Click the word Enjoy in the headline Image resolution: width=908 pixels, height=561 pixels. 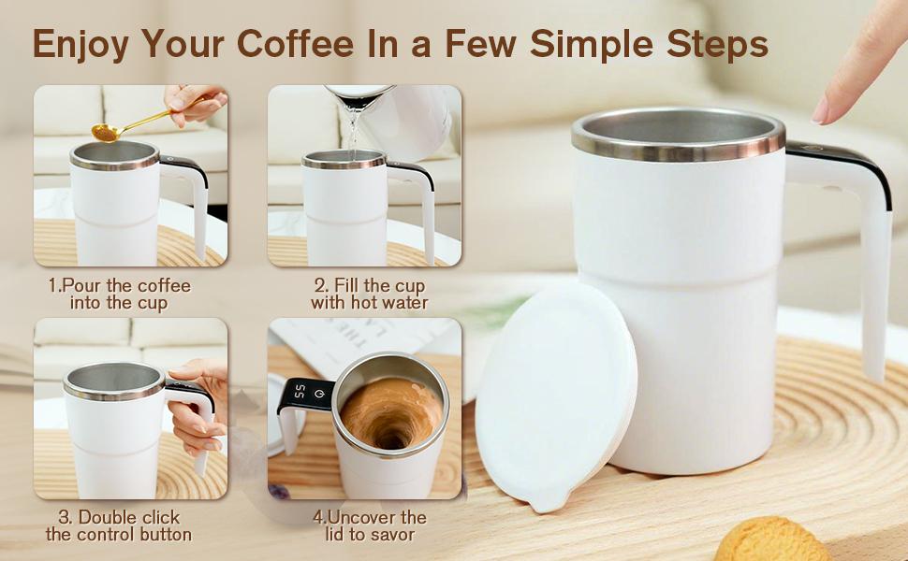tap(81, 44)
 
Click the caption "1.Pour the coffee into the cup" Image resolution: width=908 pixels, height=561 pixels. tap(119, 294)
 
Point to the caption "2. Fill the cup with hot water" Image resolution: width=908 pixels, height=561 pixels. tap(369, 294)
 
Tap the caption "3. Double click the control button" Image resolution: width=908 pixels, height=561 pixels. tap(119, 525)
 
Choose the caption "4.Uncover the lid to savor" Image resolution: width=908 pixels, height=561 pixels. tap(369, 525)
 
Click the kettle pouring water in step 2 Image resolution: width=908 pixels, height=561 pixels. tap(403, 117)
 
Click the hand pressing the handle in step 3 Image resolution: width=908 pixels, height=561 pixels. tap(201, 402)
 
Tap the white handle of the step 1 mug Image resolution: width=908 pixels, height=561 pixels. tap(198, 206)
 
